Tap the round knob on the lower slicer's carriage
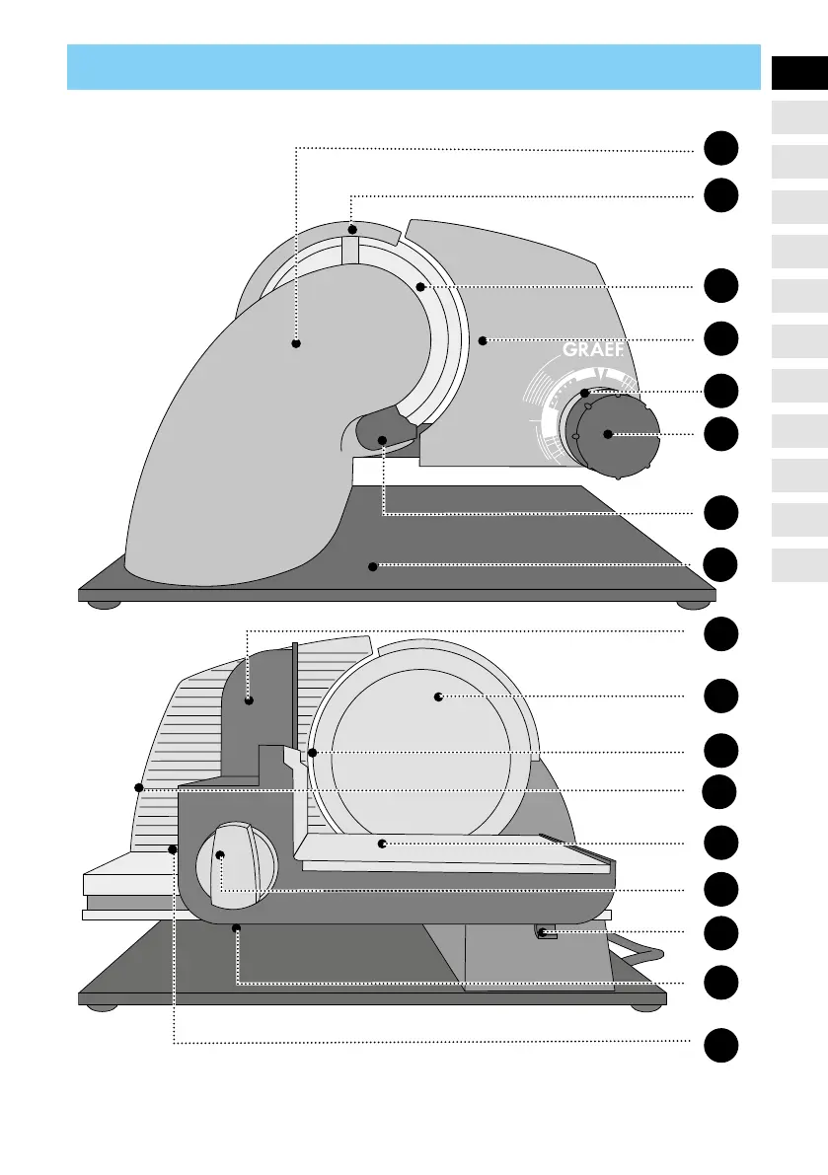coord(237,862)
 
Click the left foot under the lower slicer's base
coord(99,1007)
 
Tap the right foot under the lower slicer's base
coord(645,1007)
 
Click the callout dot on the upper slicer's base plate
coord(373,566)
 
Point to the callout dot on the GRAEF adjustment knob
coord(608,434)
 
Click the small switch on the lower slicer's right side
coord(542,931)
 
